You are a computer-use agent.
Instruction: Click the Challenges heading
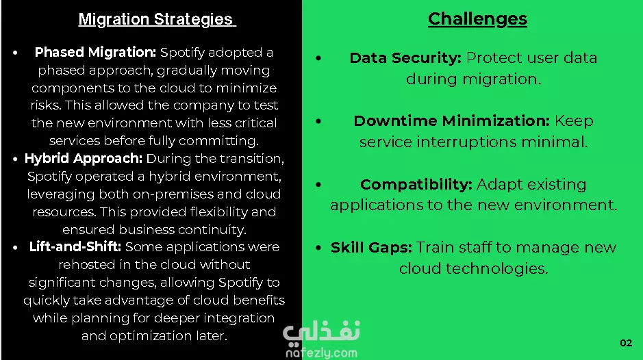(x=477, y=19)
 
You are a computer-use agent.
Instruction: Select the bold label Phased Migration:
(x=95, y=53)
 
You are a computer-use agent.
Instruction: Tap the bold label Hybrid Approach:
(x=84, y=158)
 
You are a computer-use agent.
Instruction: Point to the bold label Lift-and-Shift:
(x=75, y=246)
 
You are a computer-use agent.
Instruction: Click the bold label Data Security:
(x=405, y=57)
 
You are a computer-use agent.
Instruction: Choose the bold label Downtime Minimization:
(x=451, y=120)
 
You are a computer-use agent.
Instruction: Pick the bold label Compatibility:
(x=416, y=185)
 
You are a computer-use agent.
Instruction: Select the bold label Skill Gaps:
(x=371, y=248)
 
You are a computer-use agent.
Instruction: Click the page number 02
(x=626, y=343)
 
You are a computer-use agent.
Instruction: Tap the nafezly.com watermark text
(x=322, y=352)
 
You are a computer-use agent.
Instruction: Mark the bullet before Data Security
(x=318, y=58)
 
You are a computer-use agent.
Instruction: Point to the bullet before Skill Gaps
(x=318, y=248)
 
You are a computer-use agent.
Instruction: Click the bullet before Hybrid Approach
(x=15, y=159)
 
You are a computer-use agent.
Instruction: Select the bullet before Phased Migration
(x=15, y=53)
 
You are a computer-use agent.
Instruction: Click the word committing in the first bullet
(x=218, y=141)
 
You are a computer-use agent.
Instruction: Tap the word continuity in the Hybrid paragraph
(x=212, y=229)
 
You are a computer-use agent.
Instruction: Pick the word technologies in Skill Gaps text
(x=496, y=269)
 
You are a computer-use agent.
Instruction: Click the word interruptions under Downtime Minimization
(x=466, y=142)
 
